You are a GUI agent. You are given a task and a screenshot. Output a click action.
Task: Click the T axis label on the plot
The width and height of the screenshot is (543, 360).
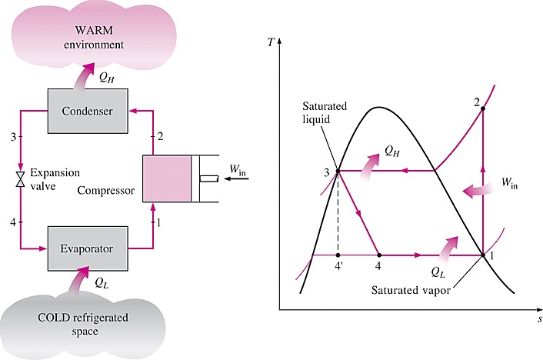[270, 41]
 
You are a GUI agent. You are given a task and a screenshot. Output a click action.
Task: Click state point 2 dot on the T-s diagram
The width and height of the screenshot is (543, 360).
[482, 109]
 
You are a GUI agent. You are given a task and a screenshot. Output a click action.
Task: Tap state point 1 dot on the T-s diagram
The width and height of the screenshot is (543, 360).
[482, 255]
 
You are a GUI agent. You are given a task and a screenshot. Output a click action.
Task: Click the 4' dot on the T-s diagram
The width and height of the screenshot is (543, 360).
[338, 255]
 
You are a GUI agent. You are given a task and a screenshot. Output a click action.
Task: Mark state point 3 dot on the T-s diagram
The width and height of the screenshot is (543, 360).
[338, 171]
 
